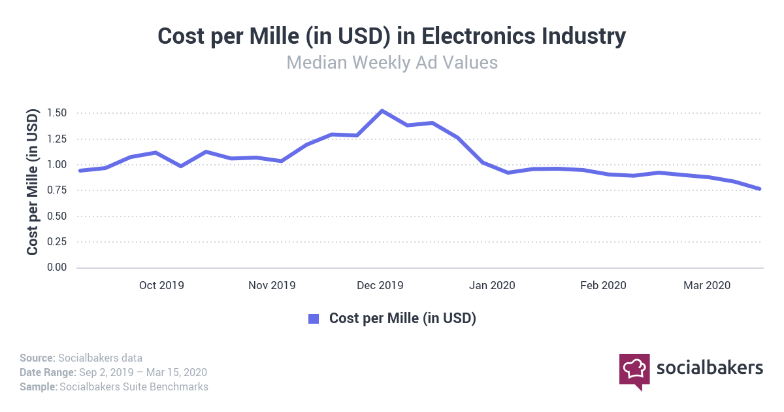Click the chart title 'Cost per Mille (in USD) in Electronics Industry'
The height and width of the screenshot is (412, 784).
coord(392,37)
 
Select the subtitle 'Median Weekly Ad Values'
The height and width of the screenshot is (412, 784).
coord(392,63)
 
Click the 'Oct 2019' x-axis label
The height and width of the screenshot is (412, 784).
coord(161,286)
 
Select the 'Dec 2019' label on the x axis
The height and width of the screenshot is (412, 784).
coord(381,286)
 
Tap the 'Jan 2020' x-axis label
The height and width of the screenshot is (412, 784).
coord(493,286)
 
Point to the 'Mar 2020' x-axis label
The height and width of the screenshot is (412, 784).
coord(707,286)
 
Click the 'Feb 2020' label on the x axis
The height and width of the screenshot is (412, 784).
coord(604,286)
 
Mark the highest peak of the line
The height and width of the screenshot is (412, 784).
coord(382,111)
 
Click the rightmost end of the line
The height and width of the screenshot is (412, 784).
coord(760,189)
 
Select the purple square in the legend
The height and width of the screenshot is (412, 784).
coord(314,319)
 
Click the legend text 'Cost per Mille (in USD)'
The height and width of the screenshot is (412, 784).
coord(402,319)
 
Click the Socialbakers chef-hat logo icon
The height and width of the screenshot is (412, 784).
coord(634,369)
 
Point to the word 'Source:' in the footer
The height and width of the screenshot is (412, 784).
coord(37,358)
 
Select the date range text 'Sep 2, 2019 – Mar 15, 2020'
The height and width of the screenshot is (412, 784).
coord(143,372)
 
